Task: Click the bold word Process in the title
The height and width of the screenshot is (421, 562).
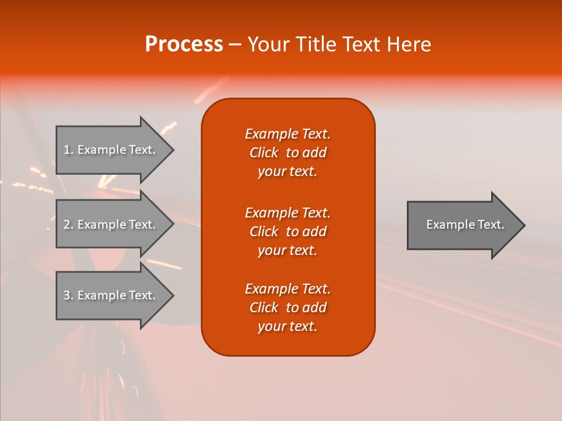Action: [184, 44]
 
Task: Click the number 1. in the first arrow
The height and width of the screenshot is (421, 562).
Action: [68, 150]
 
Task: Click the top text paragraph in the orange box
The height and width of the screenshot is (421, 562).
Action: [287, 153]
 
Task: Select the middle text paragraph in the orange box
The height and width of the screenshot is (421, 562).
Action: [287, 232]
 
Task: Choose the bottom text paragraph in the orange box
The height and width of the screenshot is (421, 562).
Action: [287, 308]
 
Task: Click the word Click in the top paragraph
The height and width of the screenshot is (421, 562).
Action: [263, 153]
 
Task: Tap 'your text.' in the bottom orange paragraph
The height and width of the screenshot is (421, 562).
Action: [287, 327]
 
